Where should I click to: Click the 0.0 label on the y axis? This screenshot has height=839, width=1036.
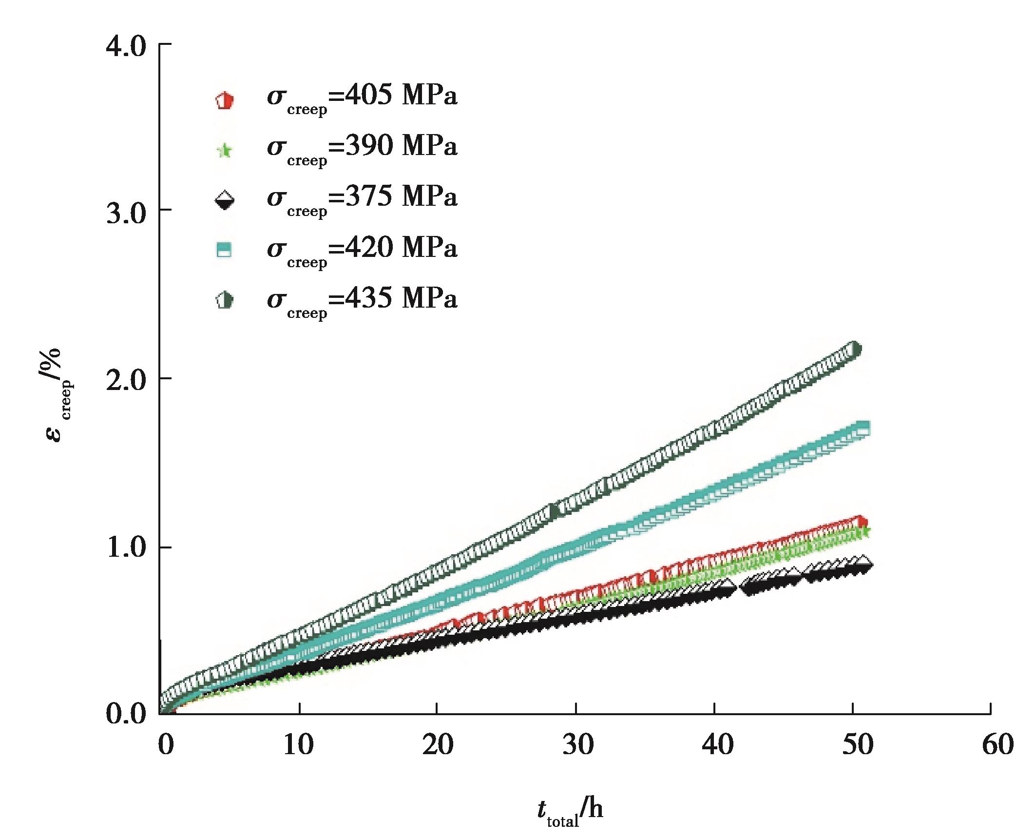click(x=126, y=715)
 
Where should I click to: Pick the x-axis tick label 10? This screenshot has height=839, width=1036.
click(x=298, y=745)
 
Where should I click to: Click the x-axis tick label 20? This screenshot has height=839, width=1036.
click(x=437, y=745)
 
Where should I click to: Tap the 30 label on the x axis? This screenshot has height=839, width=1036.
click(x=577, y=745)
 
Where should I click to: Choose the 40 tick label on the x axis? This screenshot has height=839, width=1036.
click(x=717, y=745)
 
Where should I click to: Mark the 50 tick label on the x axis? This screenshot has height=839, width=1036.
click(x=857, y=745)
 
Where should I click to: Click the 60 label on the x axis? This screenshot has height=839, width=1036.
click(x=998, y=745)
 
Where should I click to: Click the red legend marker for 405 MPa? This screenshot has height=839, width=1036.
click(x=224, y=101)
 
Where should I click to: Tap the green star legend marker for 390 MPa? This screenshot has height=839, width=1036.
click(x=224, y=151)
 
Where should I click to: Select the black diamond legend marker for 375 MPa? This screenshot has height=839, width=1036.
click(x=224, y=201)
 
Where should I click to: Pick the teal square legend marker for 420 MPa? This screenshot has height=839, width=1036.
click(x=224, y=251)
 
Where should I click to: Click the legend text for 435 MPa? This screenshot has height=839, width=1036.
click(x=362, y=300)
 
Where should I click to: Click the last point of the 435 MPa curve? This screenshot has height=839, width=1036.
click(x=854, y=350)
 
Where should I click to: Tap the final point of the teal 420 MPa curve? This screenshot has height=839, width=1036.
click(x=863, y=429)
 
